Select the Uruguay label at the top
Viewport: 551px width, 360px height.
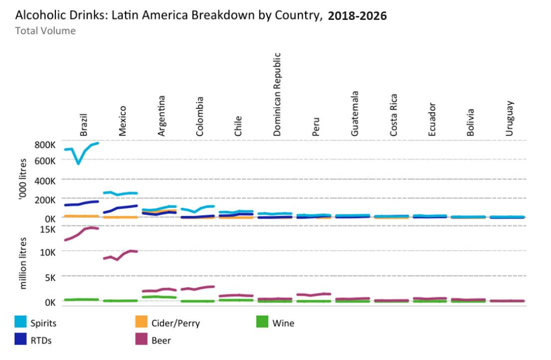(510, 118)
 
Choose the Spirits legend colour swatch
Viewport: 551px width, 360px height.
(20, 323)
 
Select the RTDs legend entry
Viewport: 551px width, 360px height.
(40, 341)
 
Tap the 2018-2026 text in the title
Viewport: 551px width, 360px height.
(357, 16)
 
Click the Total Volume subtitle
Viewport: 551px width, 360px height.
(45, 31)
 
